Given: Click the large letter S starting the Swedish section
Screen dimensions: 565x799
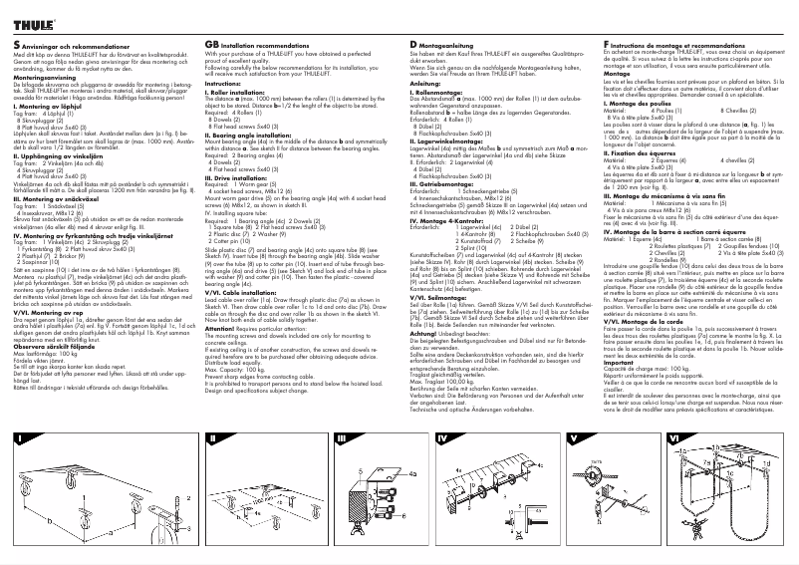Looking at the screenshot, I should (17, 46).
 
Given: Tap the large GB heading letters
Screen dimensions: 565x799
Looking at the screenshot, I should (211, 46).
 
